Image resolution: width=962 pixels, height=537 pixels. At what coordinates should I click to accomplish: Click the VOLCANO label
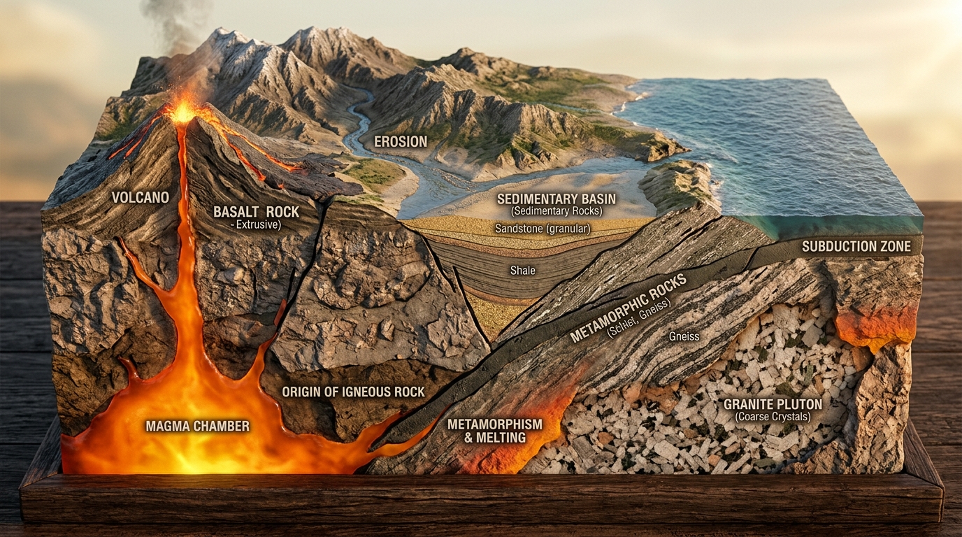[x=141, y=198]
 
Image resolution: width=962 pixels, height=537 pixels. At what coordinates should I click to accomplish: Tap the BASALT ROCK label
[x=257, y=212]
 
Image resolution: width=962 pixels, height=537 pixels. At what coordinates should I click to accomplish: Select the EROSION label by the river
[x=401, y=142]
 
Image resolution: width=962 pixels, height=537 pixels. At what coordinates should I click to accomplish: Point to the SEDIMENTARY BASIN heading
[x=557, y=199]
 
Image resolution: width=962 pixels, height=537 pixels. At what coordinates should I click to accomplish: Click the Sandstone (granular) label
[x=543, y=229]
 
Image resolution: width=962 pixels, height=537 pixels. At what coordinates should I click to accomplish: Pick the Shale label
[x=523, y=270]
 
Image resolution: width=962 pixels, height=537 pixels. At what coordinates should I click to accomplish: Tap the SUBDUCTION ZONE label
[x=856, y=246]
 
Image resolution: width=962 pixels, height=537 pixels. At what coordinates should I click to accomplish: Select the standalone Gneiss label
[x=684, y=336]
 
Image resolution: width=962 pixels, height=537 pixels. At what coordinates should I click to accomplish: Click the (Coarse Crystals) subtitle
[x=773, y=417]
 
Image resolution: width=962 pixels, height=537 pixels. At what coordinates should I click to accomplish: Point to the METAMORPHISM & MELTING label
[x=495, y=431]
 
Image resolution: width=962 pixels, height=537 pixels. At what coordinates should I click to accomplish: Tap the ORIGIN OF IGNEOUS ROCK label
[x=353, y=392]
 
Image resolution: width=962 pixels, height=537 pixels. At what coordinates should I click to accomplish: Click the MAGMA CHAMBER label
[x=198, y=426]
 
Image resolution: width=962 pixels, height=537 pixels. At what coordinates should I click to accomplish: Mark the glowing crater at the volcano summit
[x=184, y=112]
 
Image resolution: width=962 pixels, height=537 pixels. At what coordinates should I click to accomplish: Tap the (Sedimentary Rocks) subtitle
[x=557, y=211]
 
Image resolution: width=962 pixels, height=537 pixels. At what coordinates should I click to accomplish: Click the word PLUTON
[x=797, y=404]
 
